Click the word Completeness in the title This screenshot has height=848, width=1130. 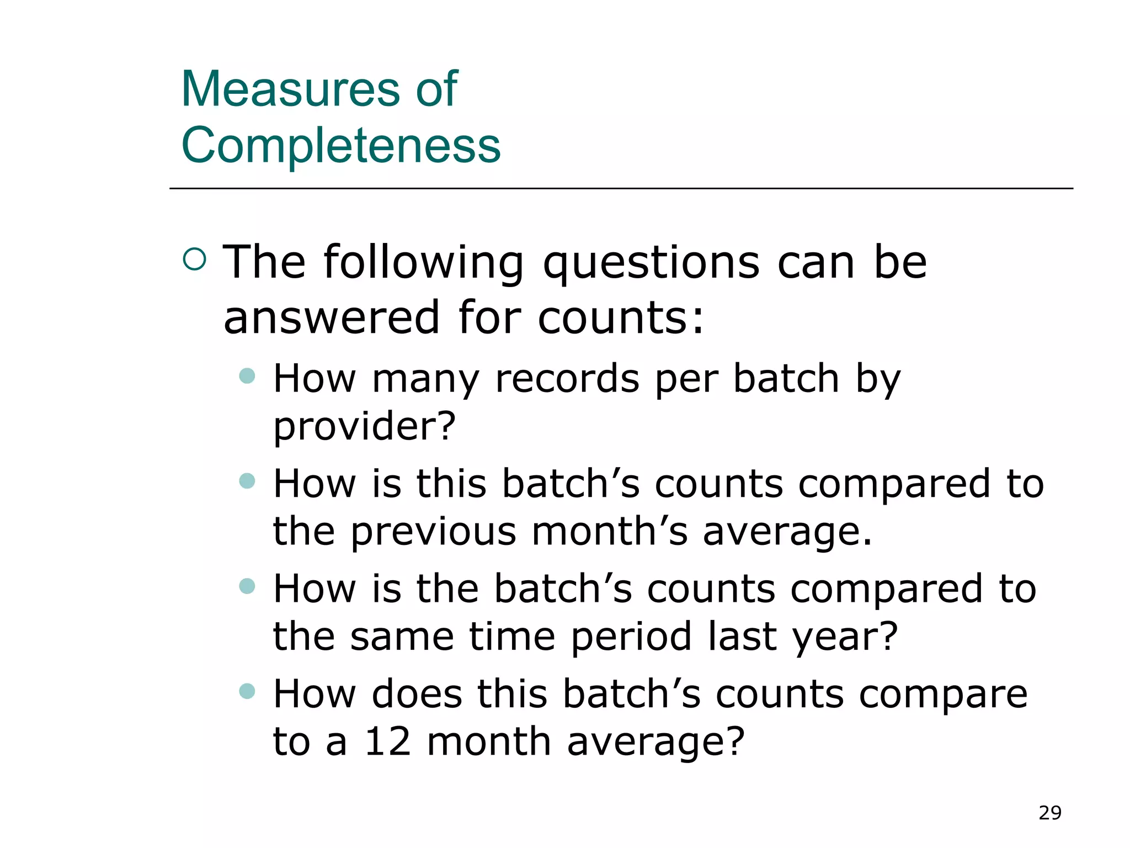(341, 145)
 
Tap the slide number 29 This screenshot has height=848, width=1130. (1049, 813)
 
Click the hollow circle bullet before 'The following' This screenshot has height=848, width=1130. (194, 259)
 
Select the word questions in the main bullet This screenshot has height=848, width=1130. (652, 263)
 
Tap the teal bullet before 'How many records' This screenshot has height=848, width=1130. (247, 376)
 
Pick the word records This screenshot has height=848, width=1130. (567, 379)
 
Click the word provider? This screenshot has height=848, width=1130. (365, 427)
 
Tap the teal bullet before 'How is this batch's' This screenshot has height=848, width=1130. (247, 481)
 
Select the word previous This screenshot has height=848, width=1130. (434, 532)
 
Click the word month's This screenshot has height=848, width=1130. (610, 531)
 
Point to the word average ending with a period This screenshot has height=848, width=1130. (787, 532)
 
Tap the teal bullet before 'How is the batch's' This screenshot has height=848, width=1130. (247, 586)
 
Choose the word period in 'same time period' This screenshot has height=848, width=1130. (631, 637)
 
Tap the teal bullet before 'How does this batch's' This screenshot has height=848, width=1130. (247, 691)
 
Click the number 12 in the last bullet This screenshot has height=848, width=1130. (388, 741)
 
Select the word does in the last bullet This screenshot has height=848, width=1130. (417, 694)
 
